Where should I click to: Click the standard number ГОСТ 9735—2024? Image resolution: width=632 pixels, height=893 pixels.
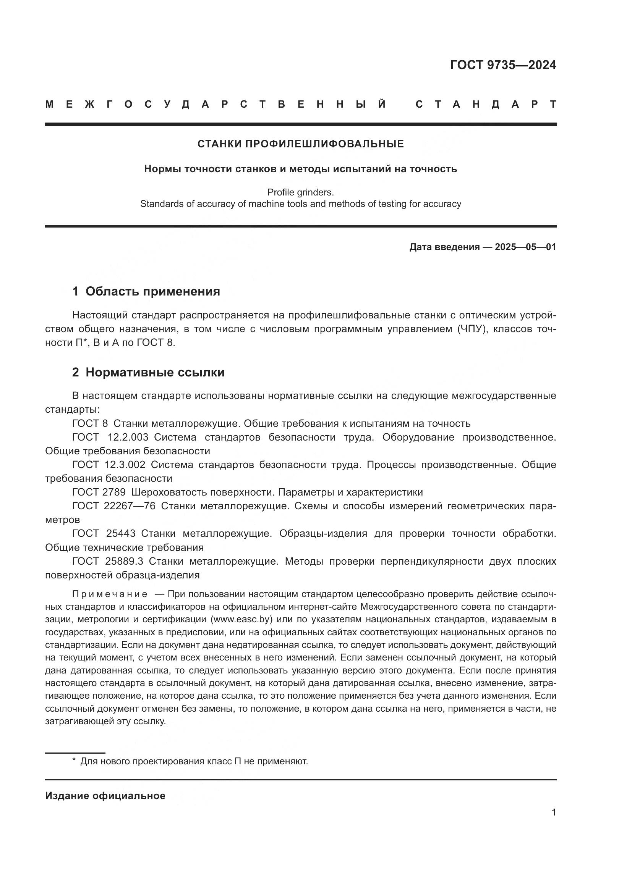(503, 65)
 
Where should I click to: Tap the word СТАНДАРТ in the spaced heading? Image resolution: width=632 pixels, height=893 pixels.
(486, 104)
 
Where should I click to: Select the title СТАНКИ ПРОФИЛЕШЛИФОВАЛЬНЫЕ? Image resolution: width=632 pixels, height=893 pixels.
(300, 144)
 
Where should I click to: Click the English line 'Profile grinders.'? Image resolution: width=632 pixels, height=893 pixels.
(300, 192)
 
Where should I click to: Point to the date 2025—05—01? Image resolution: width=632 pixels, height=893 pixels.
(525, 247)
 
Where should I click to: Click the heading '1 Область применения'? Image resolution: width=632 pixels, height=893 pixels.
(146, 291)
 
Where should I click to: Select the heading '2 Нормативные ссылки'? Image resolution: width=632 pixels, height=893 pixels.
(148, 372)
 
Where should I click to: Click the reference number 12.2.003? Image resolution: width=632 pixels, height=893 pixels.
(128, 437)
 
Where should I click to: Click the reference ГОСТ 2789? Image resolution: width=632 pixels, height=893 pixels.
(99, 492)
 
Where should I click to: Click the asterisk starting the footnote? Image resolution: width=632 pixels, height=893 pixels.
(74, 761)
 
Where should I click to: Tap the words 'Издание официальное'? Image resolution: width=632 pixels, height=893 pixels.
(105, 796)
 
